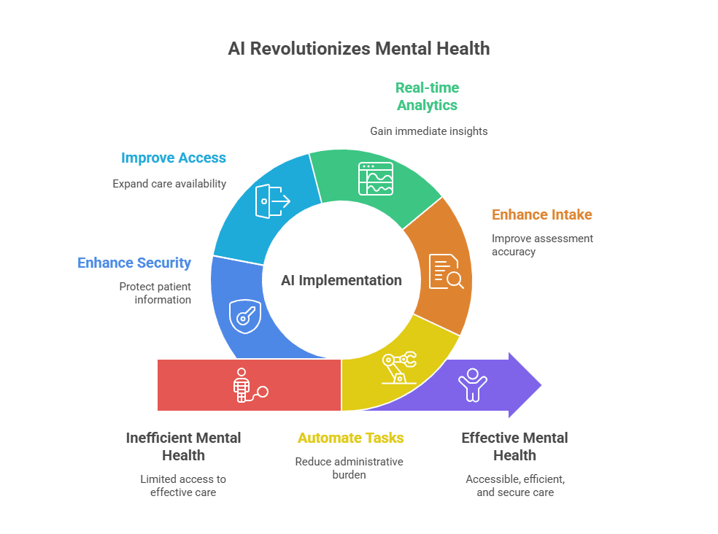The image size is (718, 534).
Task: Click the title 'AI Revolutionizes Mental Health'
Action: [358, 49]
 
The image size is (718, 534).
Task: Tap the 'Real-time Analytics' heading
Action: [427, 96]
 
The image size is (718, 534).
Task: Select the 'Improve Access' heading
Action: [174, 158]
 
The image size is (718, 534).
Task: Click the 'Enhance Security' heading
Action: [134, 263]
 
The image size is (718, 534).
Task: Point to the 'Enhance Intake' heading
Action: [541, 214]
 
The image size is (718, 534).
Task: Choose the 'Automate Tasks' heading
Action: [350, 438]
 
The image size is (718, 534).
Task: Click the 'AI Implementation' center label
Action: [341, 280]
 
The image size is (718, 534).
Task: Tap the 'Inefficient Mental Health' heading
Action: [183, 446]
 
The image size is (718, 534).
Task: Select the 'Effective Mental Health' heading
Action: [514, 446]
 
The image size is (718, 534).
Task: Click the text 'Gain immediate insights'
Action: [428, 131]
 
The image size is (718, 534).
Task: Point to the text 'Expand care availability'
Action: [169, 184]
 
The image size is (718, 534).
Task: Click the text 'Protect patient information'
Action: [155, 293]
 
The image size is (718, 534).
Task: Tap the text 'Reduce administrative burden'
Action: [349, 468]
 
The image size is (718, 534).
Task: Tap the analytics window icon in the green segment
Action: [376, 179]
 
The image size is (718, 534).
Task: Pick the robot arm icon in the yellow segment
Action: [398, 367]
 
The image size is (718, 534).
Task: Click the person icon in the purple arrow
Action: [472, 384]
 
